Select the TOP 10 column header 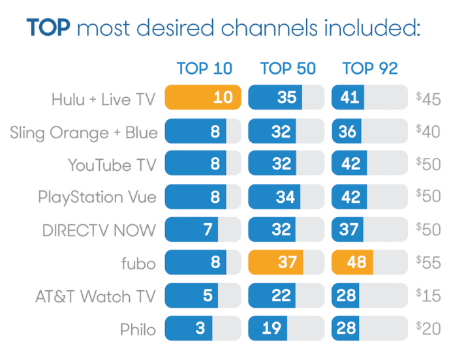[x=204, y=68]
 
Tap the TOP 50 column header [x=288, y=68]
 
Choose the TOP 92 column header [x=370, y=68]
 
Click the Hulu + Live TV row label [x=104, y=99]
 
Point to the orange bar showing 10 [x=203, y=98]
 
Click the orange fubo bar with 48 [x=353, y=262]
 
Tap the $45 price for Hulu [x=428, y=99]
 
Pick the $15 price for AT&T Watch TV [x=428, y=296]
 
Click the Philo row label [x=138, y=329]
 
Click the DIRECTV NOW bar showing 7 [x=192, y=230]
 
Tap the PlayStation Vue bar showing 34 [x=275, y=197]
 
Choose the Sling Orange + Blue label [x=84, y=132]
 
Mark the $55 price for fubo [x=428, y=263]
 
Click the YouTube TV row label [x=112, y=165]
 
